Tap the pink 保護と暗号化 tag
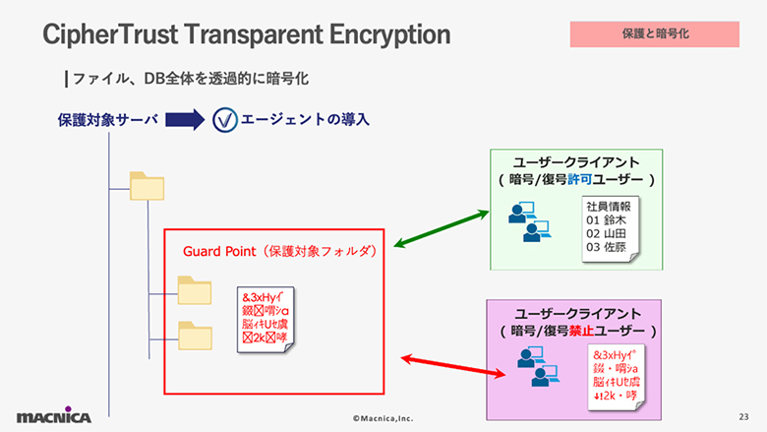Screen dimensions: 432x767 (x=654, y=33)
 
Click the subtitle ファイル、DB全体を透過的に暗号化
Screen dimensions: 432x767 (x=193, y=77)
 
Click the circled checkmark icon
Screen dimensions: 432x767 (x=224, y=120)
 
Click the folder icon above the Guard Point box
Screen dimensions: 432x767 (x=148, y=186)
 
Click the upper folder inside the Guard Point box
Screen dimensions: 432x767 (x=194, y=291)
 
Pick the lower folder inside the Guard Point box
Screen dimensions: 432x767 (x=194, y=335)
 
